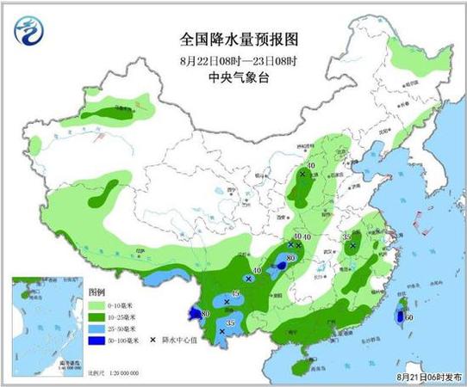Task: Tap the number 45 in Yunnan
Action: click(234, 294)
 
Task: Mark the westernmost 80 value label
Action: click(204, 313)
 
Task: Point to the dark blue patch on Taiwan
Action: click(399, 318)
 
